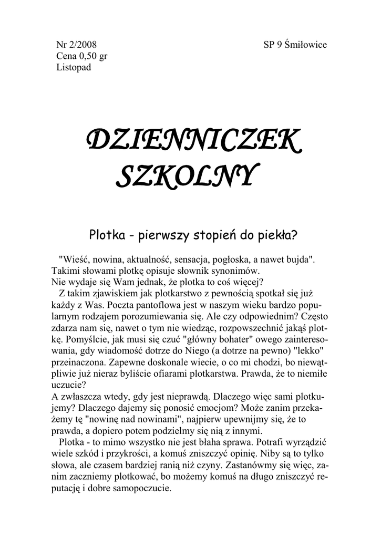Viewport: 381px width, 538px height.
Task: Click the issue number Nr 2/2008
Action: (76, 45)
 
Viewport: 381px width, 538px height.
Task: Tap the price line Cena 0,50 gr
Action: (82, 56)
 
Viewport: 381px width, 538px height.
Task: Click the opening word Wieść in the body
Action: (75, 259)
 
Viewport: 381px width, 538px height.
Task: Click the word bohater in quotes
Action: (215, 339)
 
